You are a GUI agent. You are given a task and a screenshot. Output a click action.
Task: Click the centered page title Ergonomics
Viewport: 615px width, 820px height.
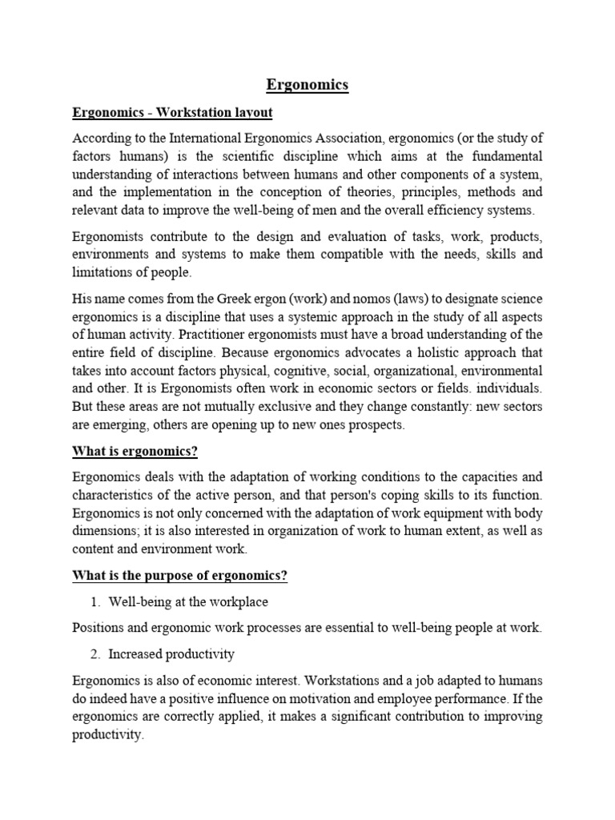pyautogui.click(x=307, y=84)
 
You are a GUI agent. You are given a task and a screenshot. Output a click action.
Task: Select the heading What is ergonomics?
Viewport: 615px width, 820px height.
pyautogui.click(x=135, y=452)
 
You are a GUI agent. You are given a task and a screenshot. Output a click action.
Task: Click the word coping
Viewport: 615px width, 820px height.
pyautogui.click(x=388, y=495)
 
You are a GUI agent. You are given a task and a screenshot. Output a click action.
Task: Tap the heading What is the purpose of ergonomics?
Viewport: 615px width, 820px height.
pyautogui.click(x=180, y=576)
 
